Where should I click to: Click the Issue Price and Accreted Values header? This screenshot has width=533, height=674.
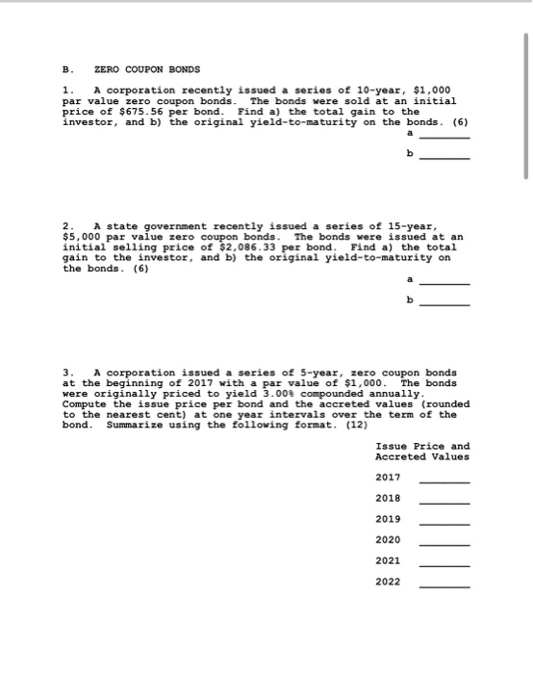click(422, 451)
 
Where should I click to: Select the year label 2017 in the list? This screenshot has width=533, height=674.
click(389, 478)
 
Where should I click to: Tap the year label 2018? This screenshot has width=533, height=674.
click(389, 498)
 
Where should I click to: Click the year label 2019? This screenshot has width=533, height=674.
click(389, 519)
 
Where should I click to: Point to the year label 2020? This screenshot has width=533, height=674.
click(389, 539)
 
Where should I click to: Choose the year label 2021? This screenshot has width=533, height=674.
click(389, 560)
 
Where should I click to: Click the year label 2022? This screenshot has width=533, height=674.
click(389, 582)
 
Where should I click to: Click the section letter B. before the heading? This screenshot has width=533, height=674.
click(66, 69)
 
